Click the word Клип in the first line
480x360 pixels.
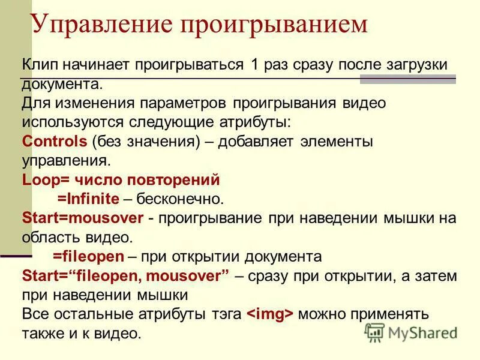(40, 65)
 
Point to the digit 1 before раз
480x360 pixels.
(255, 65)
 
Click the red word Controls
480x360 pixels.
(55, 142)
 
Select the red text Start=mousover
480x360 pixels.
(83, 218)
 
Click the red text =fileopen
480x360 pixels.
(88, 256)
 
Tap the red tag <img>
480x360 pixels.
(270, 314)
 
